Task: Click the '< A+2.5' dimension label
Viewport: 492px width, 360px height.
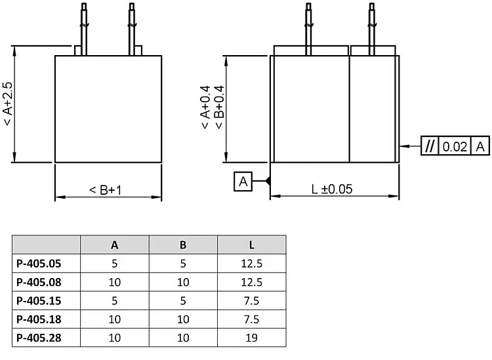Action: pyautogui.click(x=7, y=104)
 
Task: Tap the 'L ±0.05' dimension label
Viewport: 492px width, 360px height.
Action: pyautogui.click(x=331, y=189)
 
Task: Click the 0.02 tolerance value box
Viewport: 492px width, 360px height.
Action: pyautogui.click(x=455, y=146)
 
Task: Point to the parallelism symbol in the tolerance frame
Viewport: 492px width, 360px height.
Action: pyautogui.click(x=430, y=146)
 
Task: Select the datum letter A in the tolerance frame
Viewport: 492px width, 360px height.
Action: pyautogui.click(x=481, y=146)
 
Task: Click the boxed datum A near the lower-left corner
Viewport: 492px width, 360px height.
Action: pyautogui.click(x=243, y=182)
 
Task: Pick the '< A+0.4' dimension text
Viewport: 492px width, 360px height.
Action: pyautogui.click(x=205, y=108)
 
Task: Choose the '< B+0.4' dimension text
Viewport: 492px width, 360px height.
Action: pyautogui.click(x=219, y=108)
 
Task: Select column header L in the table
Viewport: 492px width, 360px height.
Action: pyautogui.click(x=251, y=245)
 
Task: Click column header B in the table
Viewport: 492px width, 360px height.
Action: pyautogui.click(x=183, y=245)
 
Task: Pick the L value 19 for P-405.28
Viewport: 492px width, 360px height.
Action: pyautogui.click(x=251, y=338)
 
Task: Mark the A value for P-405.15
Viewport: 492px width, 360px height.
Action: pyautogui.click(x=115, y=301)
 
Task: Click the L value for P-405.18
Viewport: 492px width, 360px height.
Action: pyautogui.click(x=251, y=319)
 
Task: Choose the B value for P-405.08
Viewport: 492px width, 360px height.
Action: pyautogui.click(x=183, y=283)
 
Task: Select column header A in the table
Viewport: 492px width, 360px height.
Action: pyautogui.click(x=115, y=245)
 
